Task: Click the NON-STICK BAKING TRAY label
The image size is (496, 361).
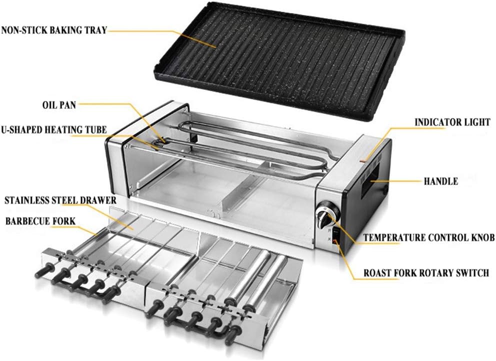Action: coord(54,30)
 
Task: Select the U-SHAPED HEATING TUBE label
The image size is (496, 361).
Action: coord(53,130)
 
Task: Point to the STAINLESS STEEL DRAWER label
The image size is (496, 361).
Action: coord(60,200)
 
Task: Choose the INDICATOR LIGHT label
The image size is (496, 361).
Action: coord(452,122)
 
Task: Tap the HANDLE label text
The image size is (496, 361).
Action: coord(441,181)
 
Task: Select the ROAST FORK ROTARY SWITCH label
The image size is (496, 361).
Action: coord(426,273)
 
